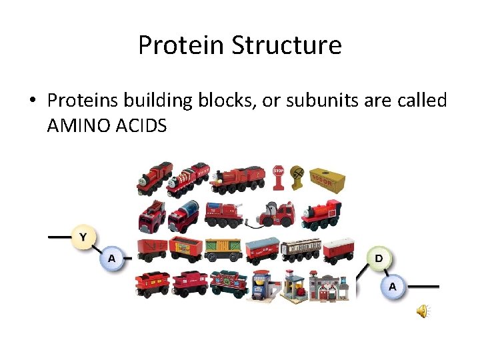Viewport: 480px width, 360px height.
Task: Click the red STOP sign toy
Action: [278, 175]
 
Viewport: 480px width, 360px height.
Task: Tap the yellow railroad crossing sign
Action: [298, 175]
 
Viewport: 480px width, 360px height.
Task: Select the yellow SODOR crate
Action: [328, 179]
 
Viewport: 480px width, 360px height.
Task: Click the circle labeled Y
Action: [83, 237]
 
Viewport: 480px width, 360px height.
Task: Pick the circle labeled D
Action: [378, 258]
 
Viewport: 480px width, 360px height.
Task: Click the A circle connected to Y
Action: [111, 258]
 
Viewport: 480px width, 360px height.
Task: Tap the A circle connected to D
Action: [393, 286]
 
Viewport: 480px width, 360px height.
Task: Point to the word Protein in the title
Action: [181, 45]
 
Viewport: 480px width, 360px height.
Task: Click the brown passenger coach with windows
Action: [301, 249]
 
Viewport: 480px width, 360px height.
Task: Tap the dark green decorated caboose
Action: [229, 283]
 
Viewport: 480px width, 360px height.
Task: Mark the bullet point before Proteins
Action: [31, 101]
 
